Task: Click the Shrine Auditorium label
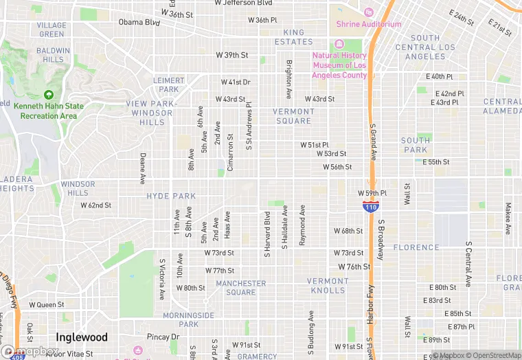click(x=369, y=24)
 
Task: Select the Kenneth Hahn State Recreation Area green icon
click(x=48, y=95)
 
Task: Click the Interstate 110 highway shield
click(x=371, y=206)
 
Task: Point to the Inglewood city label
click(x=82, y=337)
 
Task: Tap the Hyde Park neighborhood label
click(x=171, y=196)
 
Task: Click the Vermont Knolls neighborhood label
click(x=327, y=285)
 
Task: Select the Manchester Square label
click(x=240, y=287)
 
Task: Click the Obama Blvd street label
click(x=139, y=22)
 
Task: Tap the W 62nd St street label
click(x=95, y=205)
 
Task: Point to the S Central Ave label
click(x=468, y=264)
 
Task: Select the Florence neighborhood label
click(x=416, y=247)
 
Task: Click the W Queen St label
click(x=46, y=304)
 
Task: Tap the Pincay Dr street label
click(x=162, y=337)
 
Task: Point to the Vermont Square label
click(x=293, y=116)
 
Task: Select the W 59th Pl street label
click(x=372, y=193)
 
